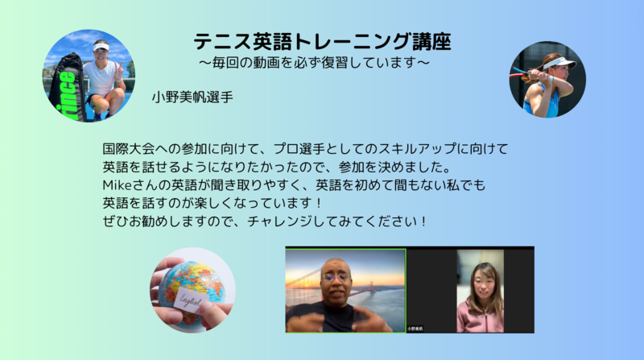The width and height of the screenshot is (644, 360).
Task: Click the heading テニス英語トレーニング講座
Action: pyautogui.click(x=323, y=42)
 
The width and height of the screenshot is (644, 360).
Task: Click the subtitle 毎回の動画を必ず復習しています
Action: pyautogui.click(x=315, y=63)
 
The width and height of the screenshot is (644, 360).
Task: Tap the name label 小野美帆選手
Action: pyautogui.click(x=192, y=97)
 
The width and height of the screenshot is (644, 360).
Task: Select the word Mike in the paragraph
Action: pyautogui.click(x=117, y=185)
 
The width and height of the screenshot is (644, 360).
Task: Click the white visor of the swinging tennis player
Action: pyautogui.click(x=559, y=63)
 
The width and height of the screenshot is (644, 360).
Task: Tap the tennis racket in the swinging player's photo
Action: pyautogui.click(x=522, y=72)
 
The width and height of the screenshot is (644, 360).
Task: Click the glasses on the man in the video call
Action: pyautogui.click(x=336, y=277)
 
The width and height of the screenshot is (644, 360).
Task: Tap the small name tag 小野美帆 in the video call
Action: pyautogui.click(x=415, y=329)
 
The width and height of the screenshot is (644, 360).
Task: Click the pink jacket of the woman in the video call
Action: pyautogui.click(x=481, y=316)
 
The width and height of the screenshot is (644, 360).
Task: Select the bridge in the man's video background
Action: pyautogui.click(x=312, y=279)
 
